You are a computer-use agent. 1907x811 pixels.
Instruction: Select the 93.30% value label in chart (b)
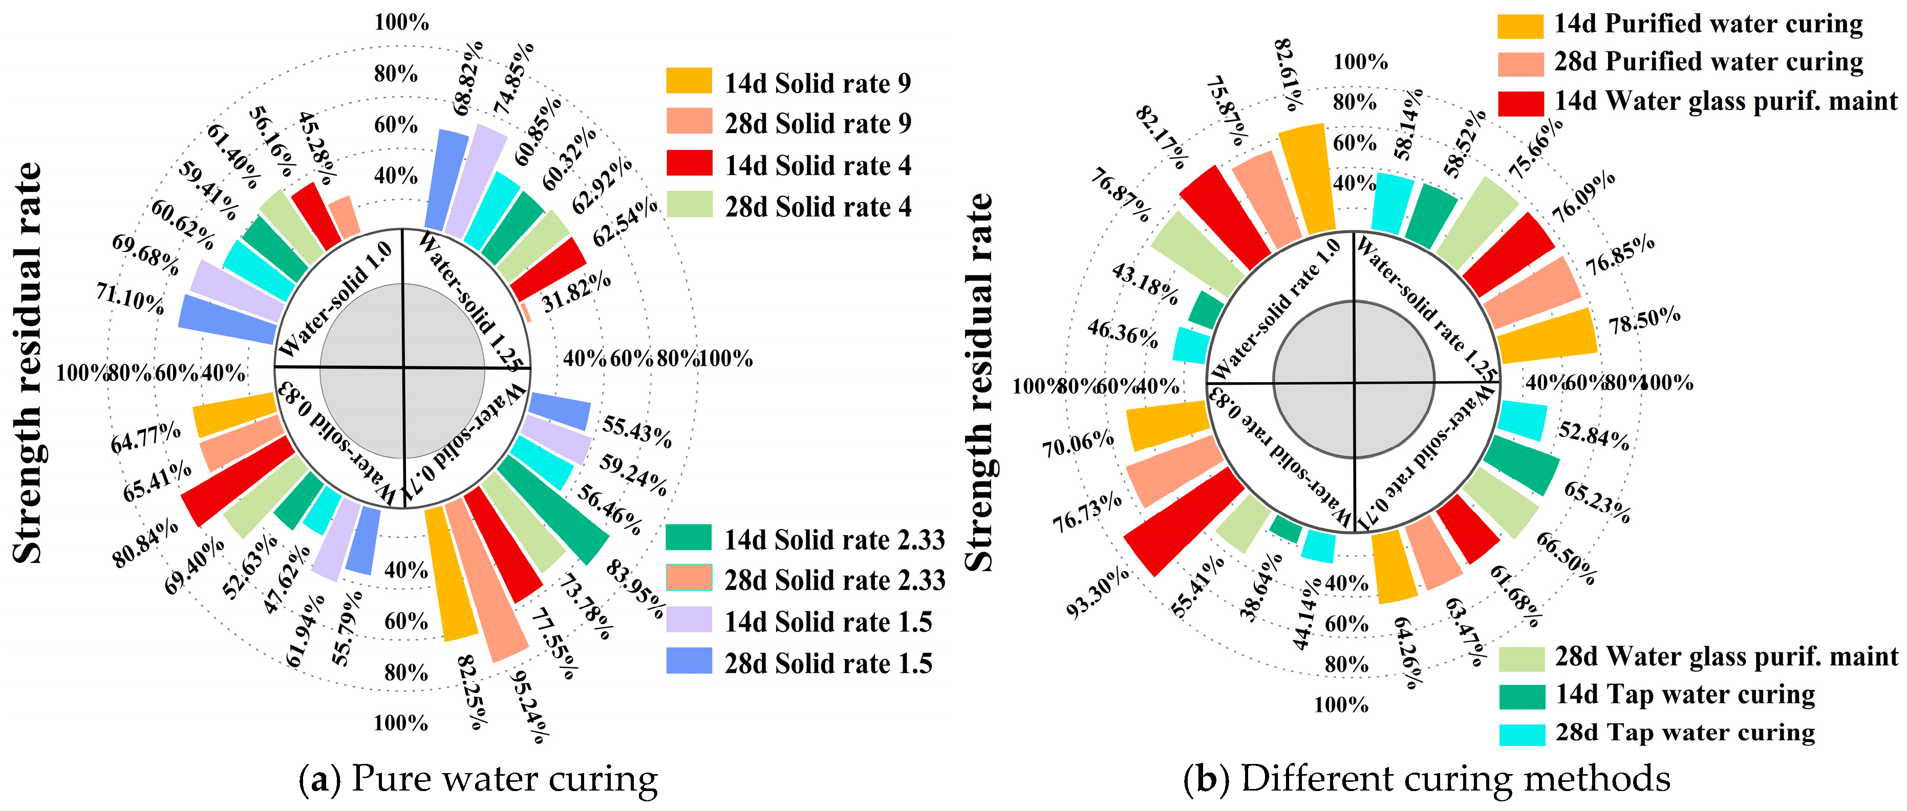(1098, 592)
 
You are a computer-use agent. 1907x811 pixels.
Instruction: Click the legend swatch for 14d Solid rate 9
(689, 81)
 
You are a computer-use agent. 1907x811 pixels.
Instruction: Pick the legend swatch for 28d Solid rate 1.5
(689, 661)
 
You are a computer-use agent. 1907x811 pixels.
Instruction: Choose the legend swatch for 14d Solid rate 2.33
(689, 538)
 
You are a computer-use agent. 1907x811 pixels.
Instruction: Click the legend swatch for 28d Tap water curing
(1522, 733)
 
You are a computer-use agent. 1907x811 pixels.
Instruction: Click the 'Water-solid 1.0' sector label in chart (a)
(336, 300)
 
